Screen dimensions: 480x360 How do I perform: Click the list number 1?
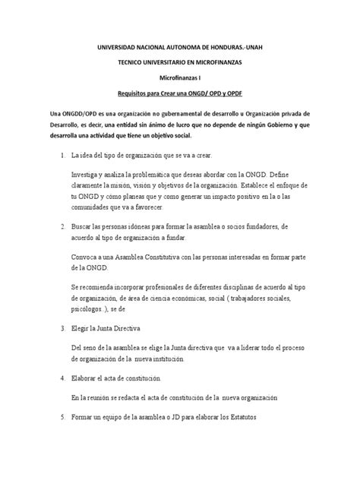point(61,156)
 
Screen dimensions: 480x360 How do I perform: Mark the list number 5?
point(61,416)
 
